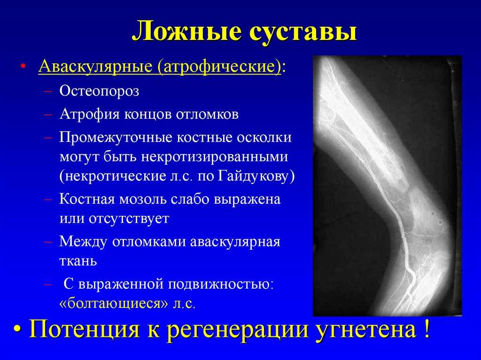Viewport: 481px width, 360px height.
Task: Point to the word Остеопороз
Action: click(99, 91)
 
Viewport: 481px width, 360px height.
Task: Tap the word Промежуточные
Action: click(116, 138)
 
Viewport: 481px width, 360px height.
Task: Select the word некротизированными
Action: click(214, 157)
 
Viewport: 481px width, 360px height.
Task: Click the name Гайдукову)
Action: click(256, 176)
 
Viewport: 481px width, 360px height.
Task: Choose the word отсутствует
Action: click(129, 219)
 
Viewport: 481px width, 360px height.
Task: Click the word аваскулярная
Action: click(235, 242)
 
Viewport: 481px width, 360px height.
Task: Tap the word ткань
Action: click(78, 261)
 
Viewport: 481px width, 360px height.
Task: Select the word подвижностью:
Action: click(221, 284)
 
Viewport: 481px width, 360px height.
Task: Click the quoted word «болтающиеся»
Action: click(114, 303)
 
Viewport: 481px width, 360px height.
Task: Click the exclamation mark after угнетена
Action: click(427, 328)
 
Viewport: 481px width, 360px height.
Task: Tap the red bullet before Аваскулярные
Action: click(23, 67)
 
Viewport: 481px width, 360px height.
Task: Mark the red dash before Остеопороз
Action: click(48, 92)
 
